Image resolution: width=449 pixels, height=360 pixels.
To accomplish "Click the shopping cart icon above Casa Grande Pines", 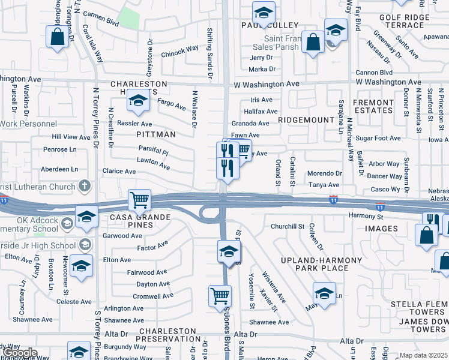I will [139, 199].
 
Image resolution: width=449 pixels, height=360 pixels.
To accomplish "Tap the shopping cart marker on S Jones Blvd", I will [220, 295].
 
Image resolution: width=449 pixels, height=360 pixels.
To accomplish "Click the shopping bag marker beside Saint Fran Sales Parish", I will [313, 42].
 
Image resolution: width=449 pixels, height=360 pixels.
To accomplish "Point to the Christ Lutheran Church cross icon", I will [85, 186].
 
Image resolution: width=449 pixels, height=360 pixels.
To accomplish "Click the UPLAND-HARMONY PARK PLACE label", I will [322, 264].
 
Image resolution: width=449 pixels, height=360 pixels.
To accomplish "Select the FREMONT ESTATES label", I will [373, 107].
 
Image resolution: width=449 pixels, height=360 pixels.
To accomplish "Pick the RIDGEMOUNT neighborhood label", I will [306, 120].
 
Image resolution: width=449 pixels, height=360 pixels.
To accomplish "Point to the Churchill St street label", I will [288, 226].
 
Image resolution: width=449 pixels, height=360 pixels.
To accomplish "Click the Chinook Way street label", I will [180, 49].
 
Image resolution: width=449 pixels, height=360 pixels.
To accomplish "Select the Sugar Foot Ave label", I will [378, 138].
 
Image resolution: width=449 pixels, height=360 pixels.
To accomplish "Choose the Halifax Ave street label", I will [261, 112].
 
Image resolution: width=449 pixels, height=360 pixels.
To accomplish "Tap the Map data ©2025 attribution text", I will [423, 355].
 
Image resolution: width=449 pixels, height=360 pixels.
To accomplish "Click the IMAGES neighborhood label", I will [381, 229].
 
